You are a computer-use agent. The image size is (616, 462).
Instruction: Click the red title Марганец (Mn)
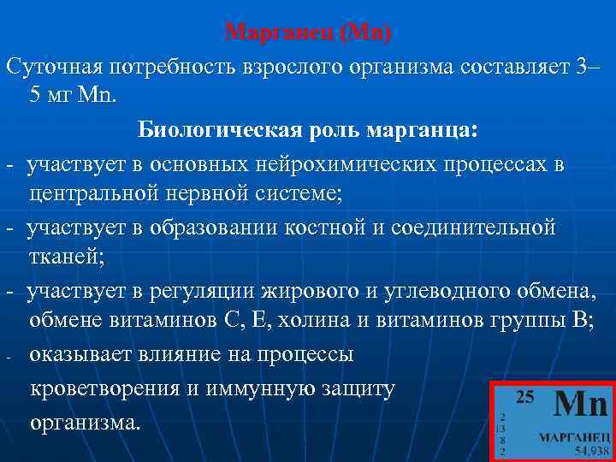pos(307,33)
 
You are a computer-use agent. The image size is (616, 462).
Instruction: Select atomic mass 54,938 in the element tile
pos(591,449)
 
